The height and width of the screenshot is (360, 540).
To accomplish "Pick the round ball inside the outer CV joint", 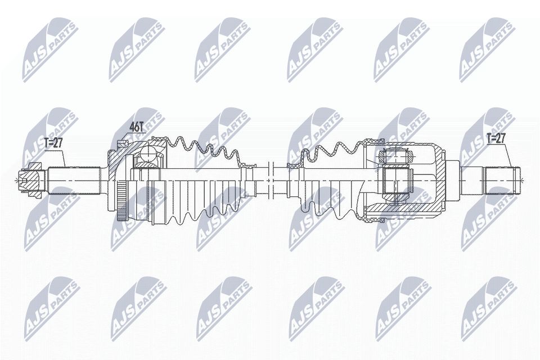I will (x=149, y=155).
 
